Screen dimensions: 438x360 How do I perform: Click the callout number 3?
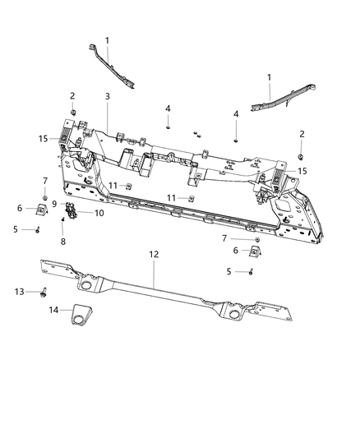[108, 97]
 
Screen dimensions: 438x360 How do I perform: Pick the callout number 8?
[62, 244]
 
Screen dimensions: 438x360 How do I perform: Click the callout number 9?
[54, 205]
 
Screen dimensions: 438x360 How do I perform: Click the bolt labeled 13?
[42, 293]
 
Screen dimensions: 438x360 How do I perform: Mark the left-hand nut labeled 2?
[73, 111]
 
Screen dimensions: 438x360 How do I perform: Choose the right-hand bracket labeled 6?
[255, 251]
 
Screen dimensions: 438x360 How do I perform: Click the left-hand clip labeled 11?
[130, 186]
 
